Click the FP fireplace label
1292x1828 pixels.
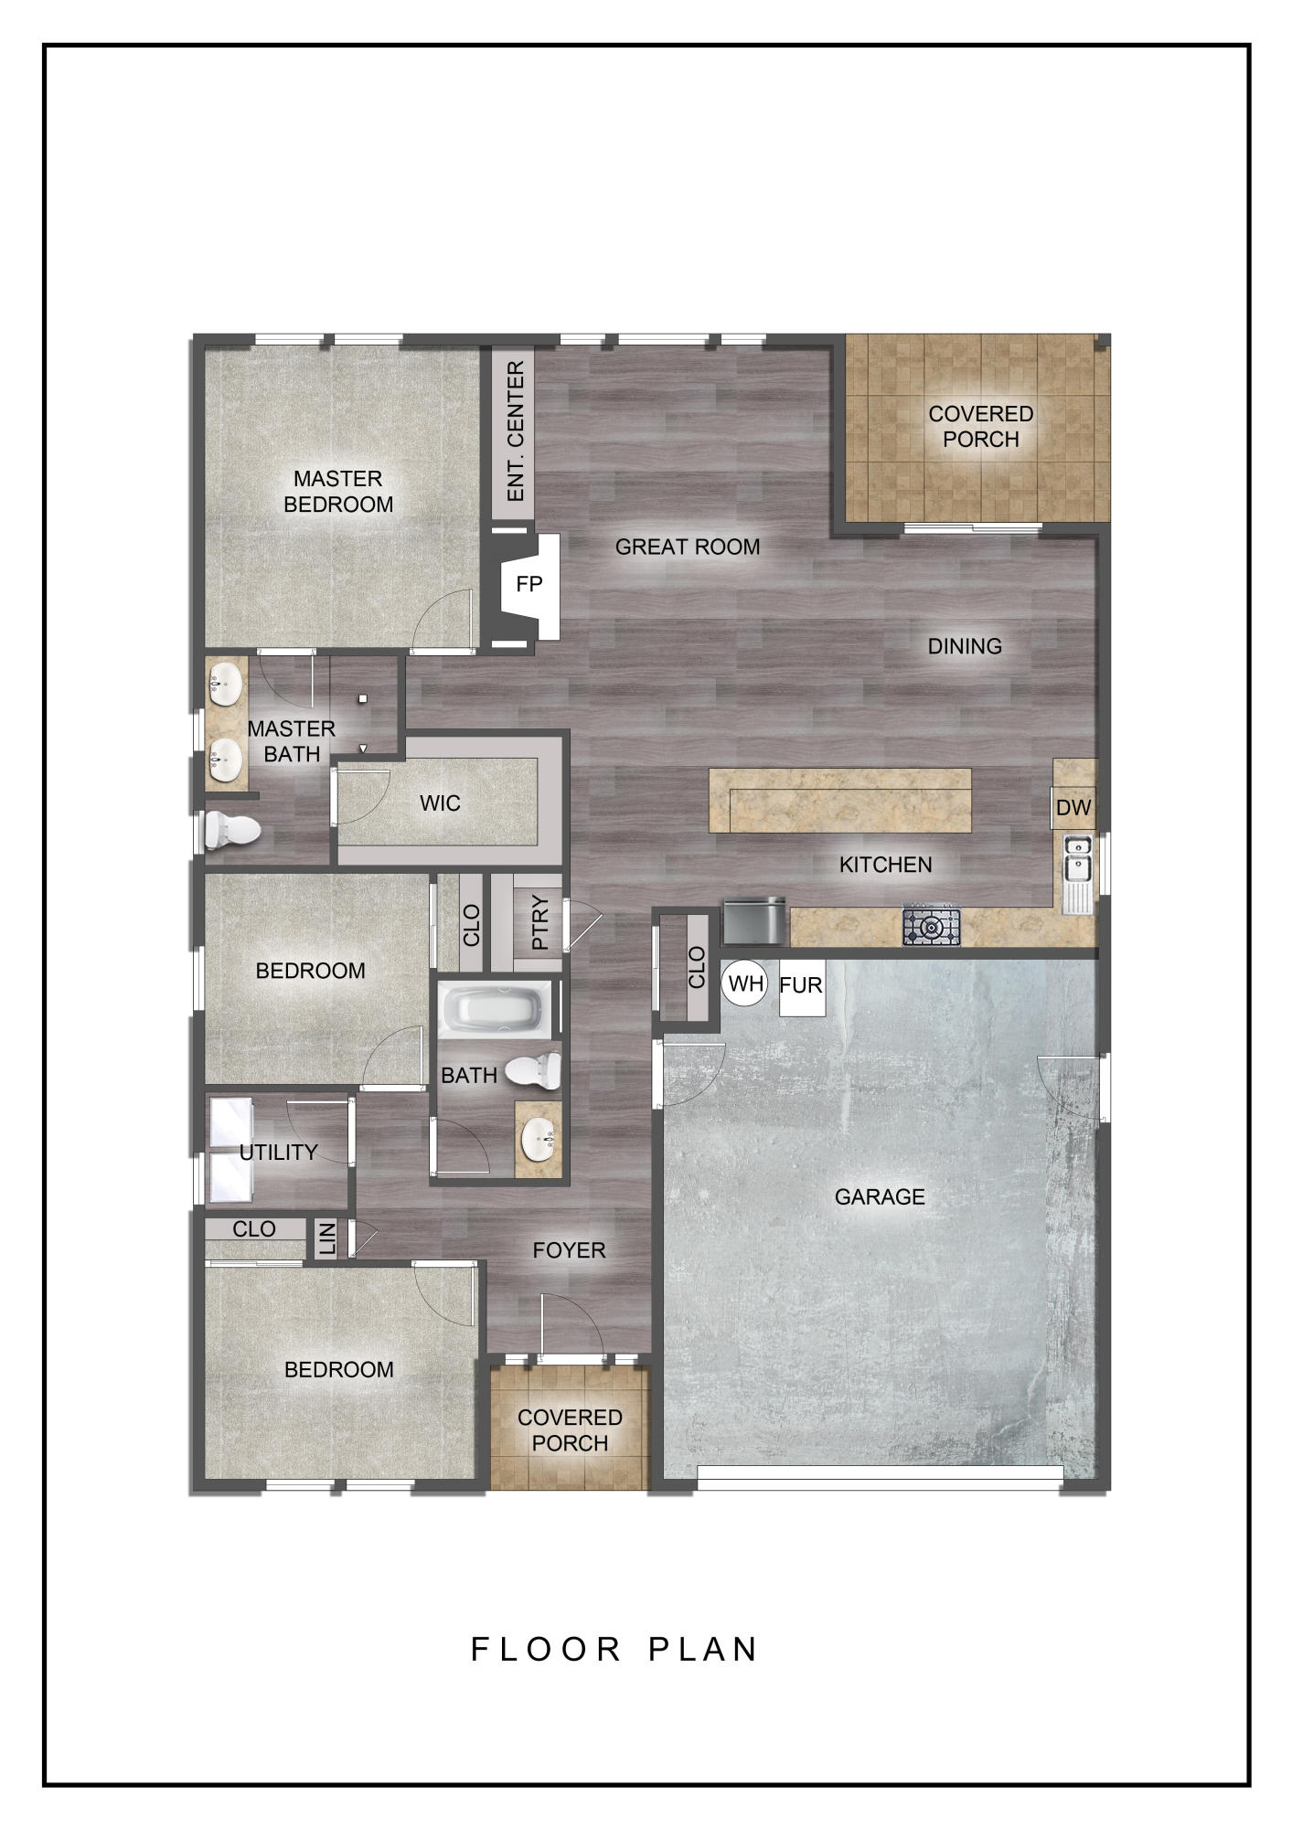529,585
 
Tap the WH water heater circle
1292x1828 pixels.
746,984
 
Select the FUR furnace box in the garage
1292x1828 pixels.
801,986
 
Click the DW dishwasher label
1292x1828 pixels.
1073,808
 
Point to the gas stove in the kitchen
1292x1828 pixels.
932,926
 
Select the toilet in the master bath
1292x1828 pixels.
231,830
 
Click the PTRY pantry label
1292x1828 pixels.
539,923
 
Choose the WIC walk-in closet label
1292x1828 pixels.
440,803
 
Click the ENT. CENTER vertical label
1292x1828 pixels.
515,431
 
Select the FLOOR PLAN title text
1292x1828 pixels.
614,1650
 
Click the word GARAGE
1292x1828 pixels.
880,1196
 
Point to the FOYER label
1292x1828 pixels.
569,1250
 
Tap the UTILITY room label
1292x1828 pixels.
278,1153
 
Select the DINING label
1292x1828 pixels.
965,646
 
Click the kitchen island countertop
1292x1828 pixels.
840,801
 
